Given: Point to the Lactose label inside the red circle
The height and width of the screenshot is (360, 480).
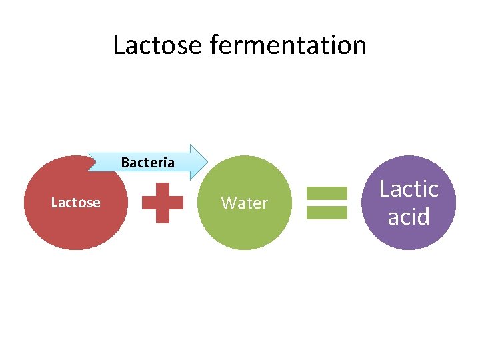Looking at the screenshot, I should coord(75,203).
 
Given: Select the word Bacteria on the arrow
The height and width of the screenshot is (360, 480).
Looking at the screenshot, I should coord(147,162).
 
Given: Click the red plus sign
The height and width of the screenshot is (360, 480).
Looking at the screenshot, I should coord(163,203).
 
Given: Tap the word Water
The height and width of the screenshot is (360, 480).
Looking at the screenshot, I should coord(245,203).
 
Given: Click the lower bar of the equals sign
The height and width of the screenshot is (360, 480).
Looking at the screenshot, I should coord(327,212).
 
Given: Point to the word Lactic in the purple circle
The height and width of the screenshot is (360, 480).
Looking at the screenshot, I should coord(409,189).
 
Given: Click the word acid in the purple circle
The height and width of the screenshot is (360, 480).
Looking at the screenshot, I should coord(409,217).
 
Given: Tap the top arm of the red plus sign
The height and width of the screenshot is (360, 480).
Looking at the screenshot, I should coord(163,191).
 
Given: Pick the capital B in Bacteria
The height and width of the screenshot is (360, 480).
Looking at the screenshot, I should coord(125,162).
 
